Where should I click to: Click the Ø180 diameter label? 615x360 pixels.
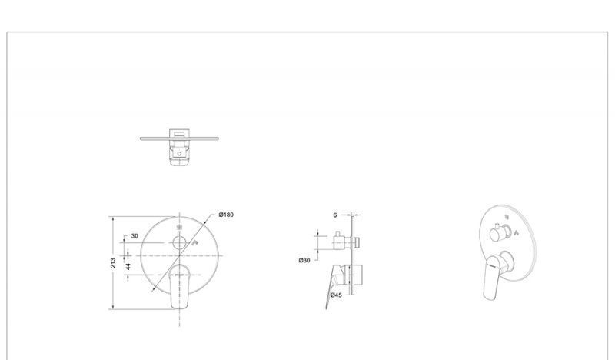pos(226,215)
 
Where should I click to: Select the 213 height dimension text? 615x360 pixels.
pos(113,262)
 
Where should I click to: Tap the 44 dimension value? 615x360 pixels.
pos(128,267)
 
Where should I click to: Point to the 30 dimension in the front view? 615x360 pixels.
pos(135,236)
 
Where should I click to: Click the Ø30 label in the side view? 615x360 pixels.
pos(304,260)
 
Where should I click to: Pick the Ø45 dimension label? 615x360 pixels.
pos(336,295)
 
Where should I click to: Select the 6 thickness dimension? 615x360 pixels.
pos(335,215)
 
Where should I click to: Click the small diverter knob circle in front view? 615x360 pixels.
pos(180,243)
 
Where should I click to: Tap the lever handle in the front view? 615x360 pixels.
pos(180,286)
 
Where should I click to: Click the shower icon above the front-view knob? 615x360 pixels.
pos(180,227)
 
